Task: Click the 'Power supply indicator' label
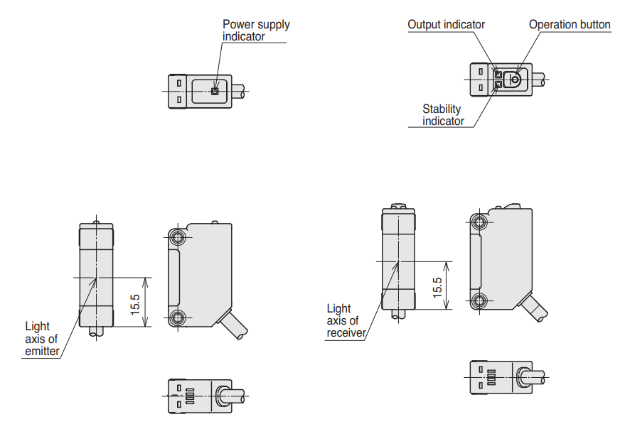coord(256,30)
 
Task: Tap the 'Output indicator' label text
coord(446,25)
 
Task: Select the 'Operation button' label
coord(569,25)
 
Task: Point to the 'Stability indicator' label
coord(442,115)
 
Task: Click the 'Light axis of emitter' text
coord(42,339)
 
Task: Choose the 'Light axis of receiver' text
coord(346,321)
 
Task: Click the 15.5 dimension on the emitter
coord(135,302)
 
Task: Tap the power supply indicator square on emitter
coord(215,91)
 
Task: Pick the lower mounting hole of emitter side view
coord(176,317)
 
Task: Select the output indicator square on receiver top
coord(498,74)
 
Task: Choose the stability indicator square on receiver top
coord(498,85)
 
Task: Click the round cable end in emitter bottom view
coord(222,396)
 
